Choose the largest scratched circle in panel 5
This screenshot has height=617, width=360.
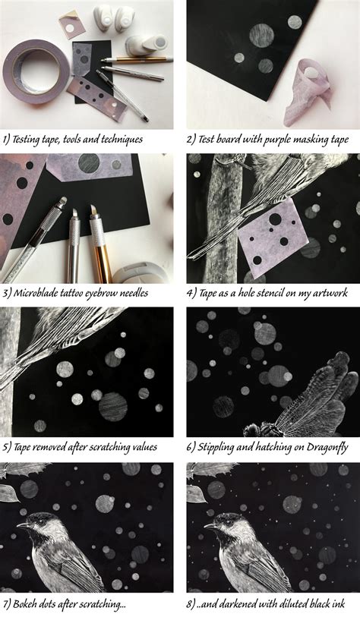(x=113, y=406)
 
